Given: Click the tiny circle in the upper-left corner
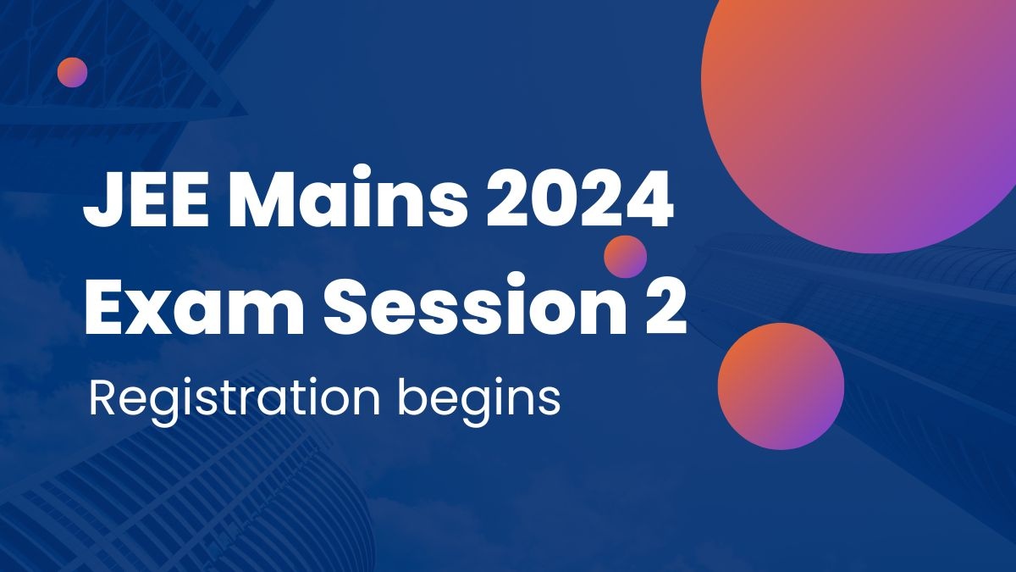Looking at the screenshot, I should pos(73,72).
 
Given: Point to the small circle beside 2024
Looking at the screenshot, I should pos(626,256).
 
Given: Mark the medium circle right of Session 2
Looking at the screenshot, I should pos(781,386).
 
